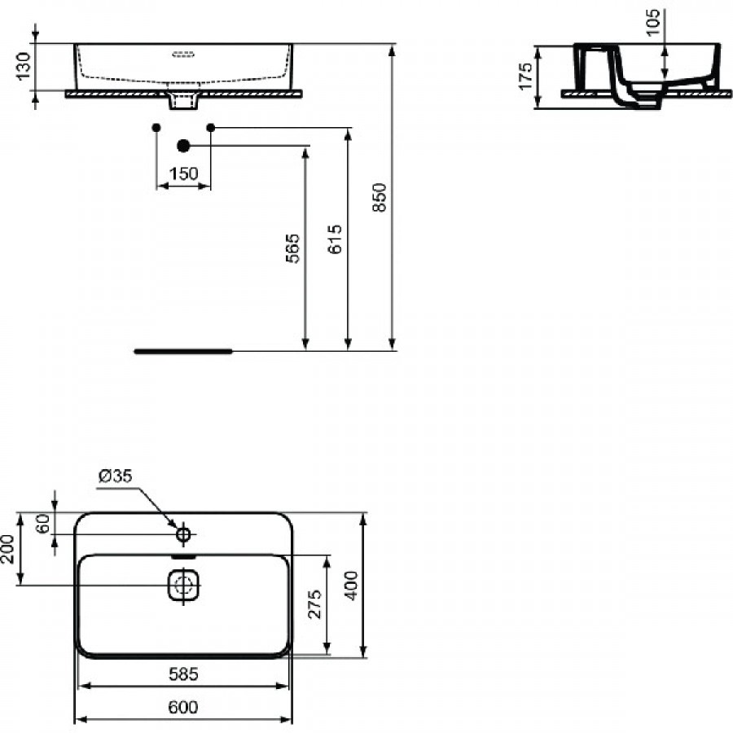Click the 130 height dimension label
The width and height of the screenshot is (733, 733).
tap(24, 66)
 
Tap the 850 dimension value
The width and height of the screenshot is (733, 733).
tap(380, 197)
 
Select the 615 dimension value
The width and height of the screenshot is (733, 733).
tap(335, 239)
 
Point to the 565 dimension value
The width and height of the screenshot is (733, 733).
tap(292, 248)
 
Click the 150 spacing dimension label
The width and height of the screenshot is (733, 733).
tap(184, 174)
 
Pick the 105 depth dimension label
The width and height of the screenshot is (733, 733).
tap(652, 22)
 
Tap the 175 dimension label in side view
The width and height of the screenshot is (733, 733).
tap(525, 77)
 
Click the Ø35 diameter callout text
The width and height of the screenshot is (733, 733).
tap(116, 476)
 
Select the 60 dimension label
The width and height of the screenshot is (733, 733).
tap(42, 524)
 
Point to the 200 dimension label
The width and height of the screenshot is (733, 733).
tap(8, 549)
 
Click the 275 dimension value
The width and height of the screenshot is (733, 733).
tap(315, 604)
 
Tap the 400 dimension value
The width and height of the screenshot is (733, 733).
tap(351, 586)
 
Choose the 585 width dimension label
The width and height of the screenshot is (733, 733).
tap(184, 674)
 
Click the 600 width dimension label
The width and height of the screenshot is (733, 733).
tap(183, 707)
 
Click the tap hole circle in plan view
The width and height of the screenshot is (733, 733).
tap(183, 533)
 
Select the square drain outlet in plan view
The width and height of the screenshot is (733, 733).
tap(183, 585)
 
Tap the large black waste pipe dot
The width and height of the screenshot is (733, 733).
tap(184, 146)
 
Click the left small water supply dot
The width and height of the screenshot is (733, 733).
tap(156, 128)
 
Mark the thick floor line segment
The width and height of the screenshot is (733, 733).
tap(183, 352)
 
